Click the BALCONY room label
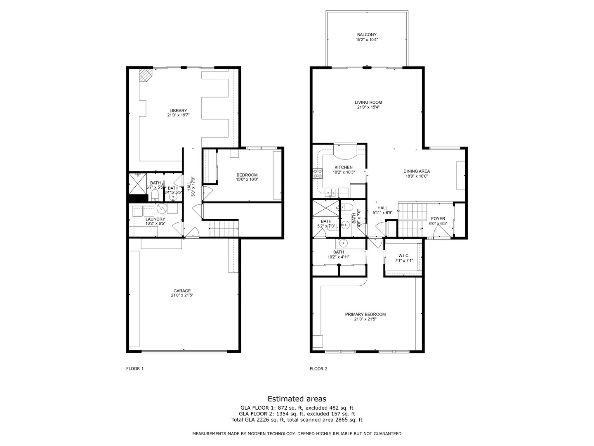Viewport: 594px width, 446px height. point(367,35)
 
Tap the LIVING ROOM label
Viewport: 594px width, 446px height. point(368,102)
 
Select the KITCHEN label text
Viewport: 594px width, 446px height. point(343,167)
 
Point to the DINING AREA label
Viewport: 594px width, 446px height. point(416,171)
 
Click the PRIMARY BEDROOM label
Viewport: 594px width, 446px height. point(365,314)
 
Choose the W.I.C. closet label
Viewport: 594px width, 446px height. point(403,255)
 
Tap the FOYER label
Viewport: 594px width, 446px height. point(438,218)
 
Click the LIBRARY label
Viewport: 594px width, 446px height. point(178,111)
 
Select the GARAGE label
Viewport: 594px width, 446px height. point(182,291)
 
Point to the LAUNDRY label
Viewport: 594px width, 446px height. point(155,219)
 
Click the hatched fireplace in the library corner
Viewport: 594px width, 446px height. point(145,75)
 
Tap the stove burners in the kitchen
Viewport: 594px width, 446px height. point(318,173)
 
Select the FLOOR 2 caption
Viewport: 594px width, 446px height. point(318,369)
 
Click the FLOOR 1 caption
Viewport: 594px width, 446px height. point(135,369)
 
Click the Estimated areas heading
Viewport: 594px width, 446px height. point(297,399)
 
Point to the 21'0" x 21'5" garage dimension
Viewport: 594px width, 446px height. point(182,296)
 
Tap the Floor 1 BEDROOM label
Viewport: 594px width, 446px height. point(247,175)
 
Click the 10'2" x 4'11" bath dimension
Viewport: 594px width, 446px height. point(338,257)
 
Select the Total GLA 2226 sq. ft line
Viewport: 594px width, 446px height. point(297,420)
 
